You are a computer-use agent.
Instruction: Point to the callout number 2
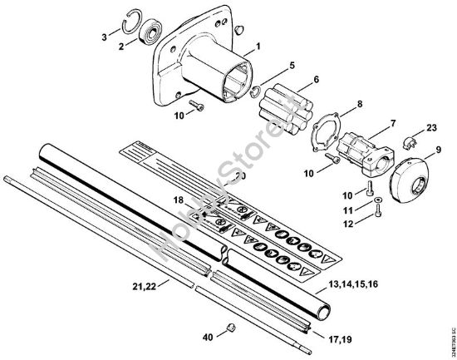122,47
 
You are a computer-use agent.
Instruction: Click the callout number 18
178,201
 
